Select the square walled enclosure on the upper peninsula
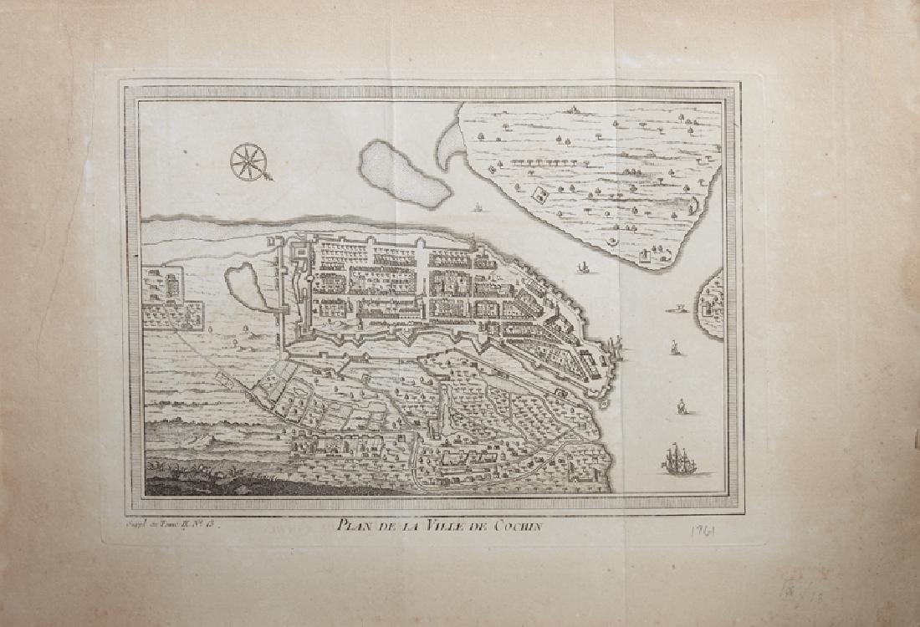[x=539, y=196]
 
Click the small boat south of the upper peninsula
[x=583, y=268]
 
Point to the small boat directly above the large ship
[x=682, y=407]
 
